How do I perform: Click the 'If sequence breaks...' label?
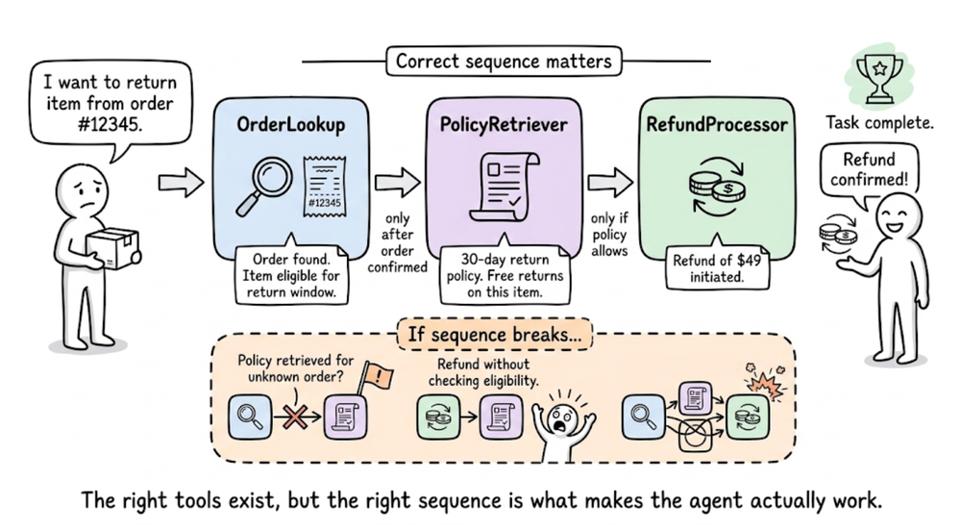coord(494,336)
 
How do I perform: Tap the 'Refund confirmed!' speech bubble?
coord(868,169)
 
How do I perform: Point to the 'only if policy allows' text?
coord(609,235)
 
